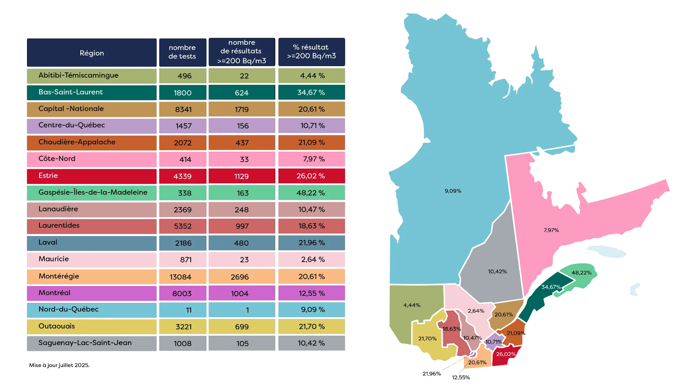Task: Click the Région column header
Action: coord(92,53)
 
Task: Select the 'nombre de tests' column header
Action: coord(182,52)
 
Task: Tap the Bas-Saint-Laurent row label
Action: coord(71,92)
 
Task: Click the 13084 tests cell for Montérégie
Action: coord(181,277)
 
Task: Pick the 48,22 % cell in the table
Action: coord(311,193)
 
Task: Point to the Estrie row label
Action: coord(48,176)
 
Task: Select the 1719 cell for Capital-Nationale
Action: coord(242,109)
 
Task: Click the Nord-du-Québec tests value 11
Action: coord(189,310)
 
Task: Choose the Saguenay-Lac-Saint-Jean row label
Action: coord(85,343)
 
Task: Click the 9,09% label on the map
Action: coord(453,191)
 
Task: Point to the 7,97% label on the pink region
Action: coord(551,230)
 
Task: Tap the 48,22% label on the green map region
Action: coord(581,273)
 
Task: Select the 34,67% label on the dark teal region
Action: coord(551,287)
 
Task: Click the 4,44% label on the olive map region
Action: coord(412,305)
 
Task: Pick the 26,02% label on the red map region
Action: coord(506,354)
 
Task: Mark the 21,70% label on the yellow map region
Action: coord(427,339)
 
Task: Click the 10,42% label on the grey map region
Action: coord(497,271)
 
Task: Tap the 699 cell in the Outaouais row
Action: coord(242,327)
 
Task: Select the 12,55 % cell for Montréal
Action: coord(311,293)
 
